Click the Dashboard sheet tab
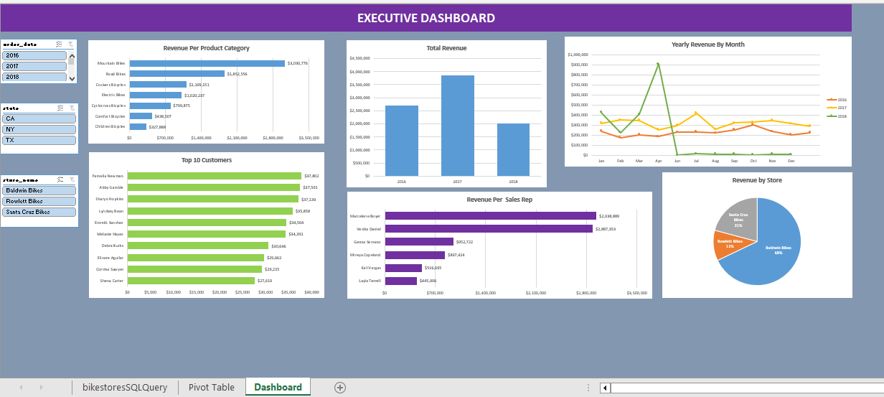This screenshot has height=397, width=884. point(278,387)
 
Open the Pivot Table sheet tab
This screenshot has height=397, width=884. point(211,387)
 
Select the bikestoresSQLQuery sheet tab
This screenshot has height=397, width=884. point(125,387)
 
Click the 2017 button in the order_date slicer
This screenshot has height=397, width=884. point(34,66)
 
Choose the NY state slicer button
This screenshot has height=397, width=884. point(39,129)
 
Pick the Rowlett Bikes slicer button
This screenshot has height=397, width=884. point(39,201)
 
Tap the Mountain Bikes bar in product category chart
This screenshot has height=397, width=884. point(207,63)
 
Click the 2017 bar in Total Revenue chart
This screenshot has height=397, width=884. point(457,125)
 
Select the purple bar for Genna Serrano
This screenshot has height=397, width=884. point(419,242)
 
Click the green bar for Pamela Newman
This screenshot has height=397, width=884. point(214,176)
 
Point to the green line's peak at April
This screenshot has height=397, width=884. point(658,64)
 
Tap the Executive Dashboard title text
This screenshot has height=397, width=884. point(425,18)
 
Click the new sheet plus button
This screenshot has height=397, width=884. point(340,387)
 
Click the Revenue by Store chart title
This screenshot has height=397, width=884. point(757,180)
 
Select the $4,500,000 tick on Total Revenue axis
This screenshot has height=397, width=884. point(359,58)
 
